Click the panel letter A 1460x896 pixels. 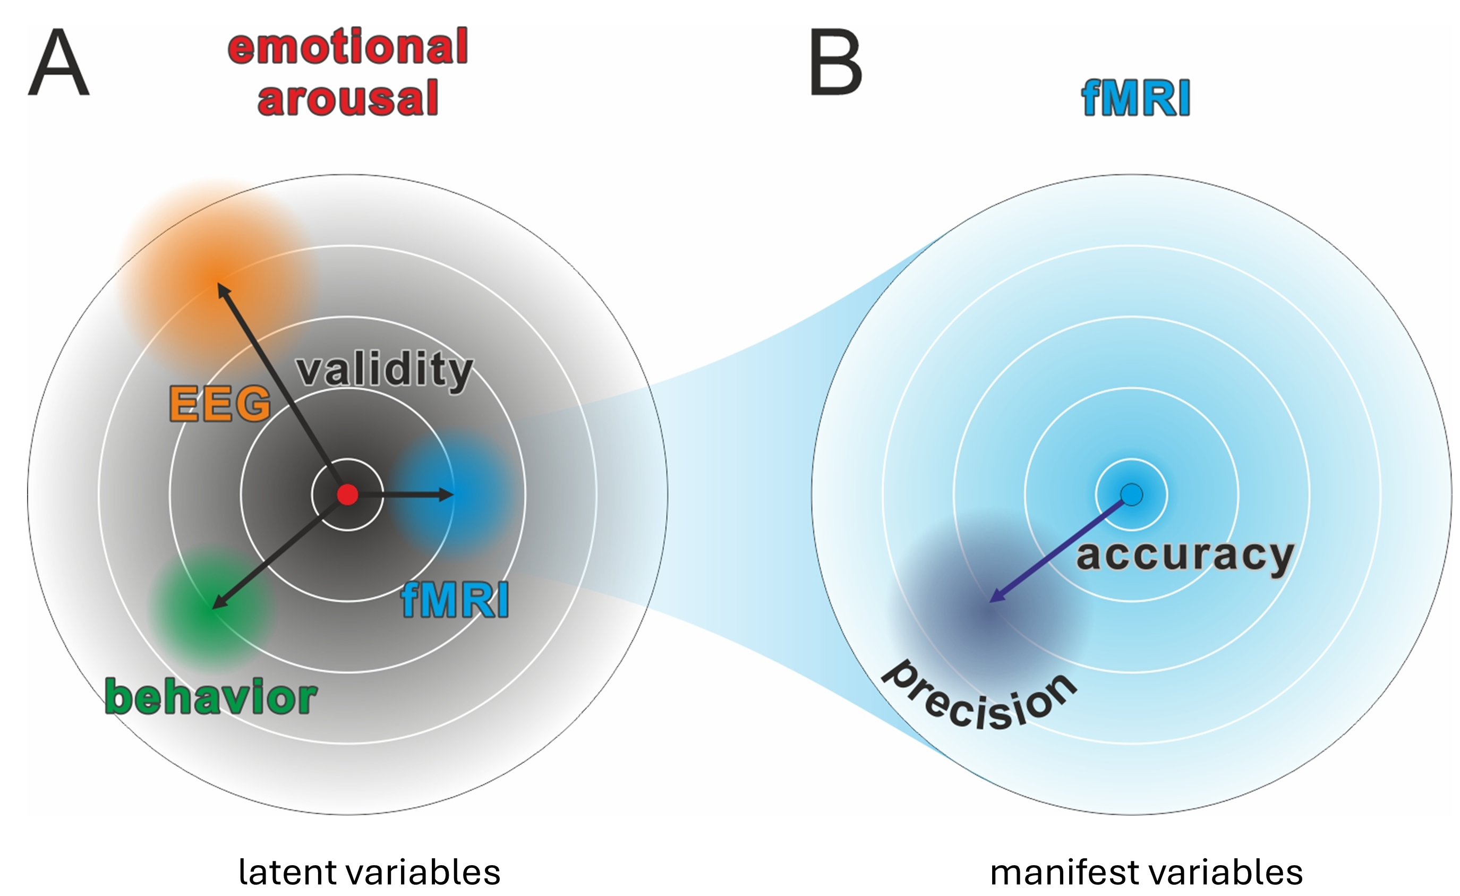click(x=58, y=63)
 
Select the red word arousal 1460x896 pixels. click(x=348, y=98)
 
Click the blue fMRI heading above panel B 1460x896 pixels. click(x=1136, y=98)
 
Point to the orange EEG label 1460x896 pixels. click(x=220, y=404)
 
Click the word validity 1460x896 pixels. click(x=385, y=370)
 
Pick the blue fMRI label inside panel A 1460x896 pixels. click(x=455, y=600)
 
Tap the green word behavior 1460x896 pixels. click(x=211, y=697)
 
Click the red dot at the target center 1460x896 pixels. click(x=348, y=494)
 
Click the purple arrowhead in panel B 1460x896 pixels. click(x=995, y=599)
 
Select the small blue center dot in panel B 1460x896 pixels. click(x=1131, y=494)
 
